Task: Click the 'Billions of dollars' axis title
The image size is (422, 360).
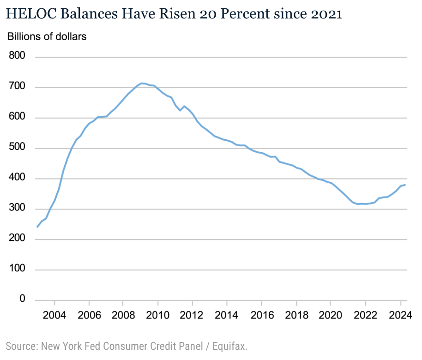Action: coord(47,36)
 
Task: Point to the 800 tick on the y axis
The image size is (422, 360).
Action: coord(17,57)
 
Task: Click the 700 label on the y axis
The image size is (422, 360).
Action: coord(17,87)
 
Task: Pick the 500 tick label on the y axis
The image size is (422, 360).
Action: coord(17,148)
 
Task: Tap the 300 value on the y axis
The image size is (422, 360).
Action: coord(17,209)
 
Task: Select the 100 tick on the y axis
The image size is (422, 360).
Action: coord(17,270)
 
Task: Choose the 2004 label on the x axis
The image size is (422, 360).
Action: coord(54,316)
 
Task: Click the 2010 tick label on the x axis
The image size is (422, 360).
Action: coord(158,316)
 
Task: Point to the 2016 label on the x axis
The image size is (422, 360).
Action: coord(261,316)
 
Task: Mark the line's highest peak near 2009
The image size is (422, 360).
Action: coord(142,84)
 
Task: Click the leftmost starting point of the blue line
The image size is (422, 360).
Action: coord(37,227)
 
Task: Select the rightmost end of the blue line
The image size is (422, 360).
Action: coord(405,185)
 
